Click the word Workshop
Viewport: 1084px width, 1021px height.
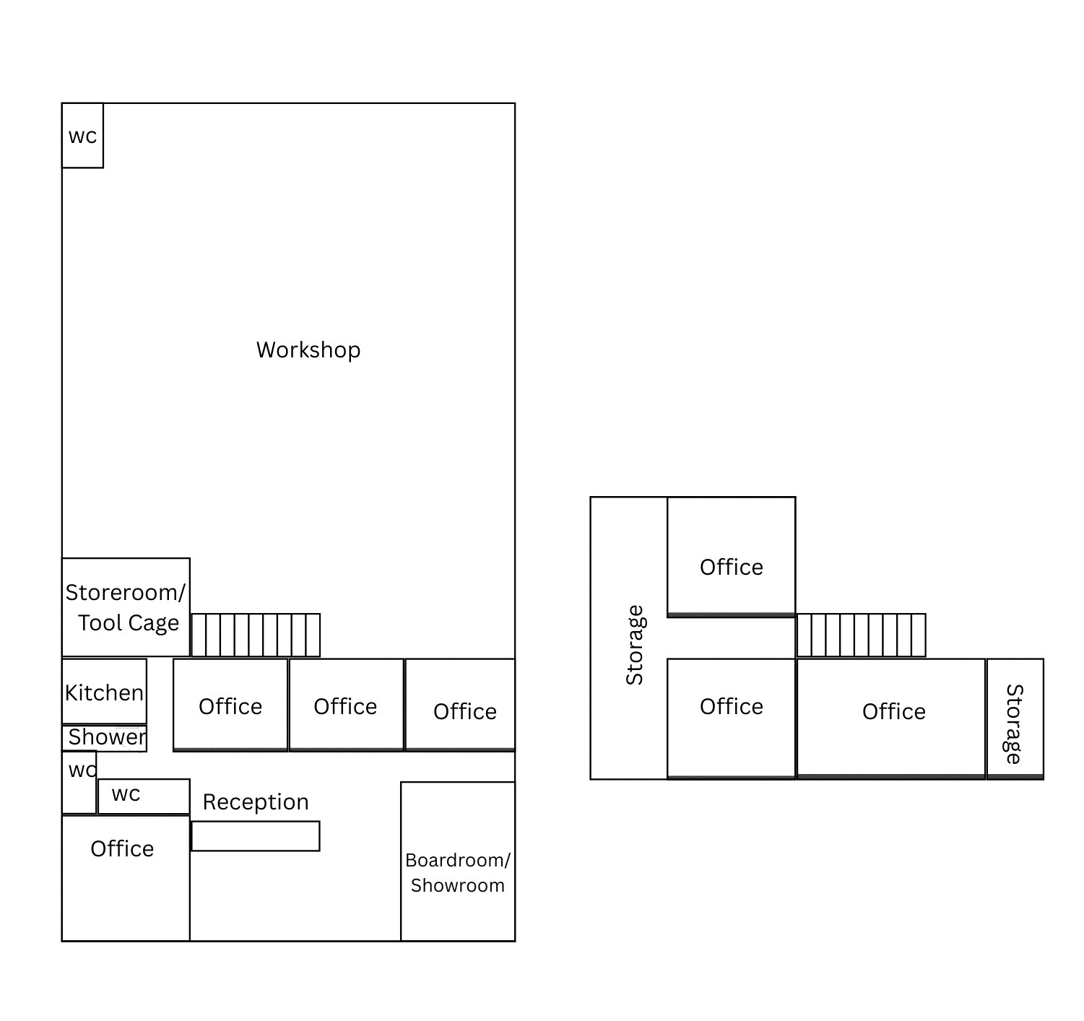click(x=308, y=350)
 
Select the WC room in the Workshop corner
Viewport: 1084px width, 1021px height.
click(x=82, y=136)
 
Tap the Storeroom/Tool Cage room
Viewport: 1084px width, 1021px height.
click(x=126, y=607)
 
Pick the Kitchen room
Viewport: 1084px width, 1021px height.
click(x=104, y=691)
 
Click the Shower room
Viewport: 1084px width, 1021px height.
click(x=104, y=738)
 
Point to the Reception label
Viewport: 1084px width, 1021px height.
click(x=256, y=801)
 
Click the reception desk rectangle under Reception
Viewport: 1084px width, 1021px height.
click(x=256, y=836)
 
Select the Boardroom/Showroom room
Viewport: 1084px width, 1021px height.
click(x=458, y=861)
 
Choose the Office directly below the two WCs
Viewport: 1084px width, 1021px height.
click(x=126, y=878)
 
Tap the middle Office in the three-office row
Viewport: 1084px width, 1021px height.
click(x=346, y=705)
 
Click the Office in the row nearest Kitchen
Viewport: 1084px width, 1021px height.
click(x=230, y=705)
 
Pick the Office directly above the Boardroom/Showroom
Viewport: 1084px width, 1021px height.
click(x=460, y=705)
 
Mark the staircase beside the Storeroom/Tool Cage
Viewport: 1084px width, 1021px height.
click(x=256, y=635)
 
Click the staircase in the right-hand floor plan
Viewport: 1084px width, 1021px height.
click(x=862, y=635)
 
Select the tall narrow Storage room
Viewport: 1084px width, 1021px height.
click(x=628, y=638)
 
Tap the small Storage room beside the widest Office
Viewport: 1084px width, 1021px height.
click(x=1015, y=719)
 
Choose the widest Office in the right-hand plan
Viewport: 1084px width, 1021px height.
click(x=891, y=718)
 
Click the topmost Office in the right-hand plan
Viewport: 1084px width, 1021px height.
click(x=732, y=557)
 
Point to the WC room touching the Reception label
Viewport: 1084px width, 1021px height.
click(x=144, y=796)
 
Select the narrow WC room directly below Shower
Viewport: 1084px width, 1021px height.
click(x=79, y=783)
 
